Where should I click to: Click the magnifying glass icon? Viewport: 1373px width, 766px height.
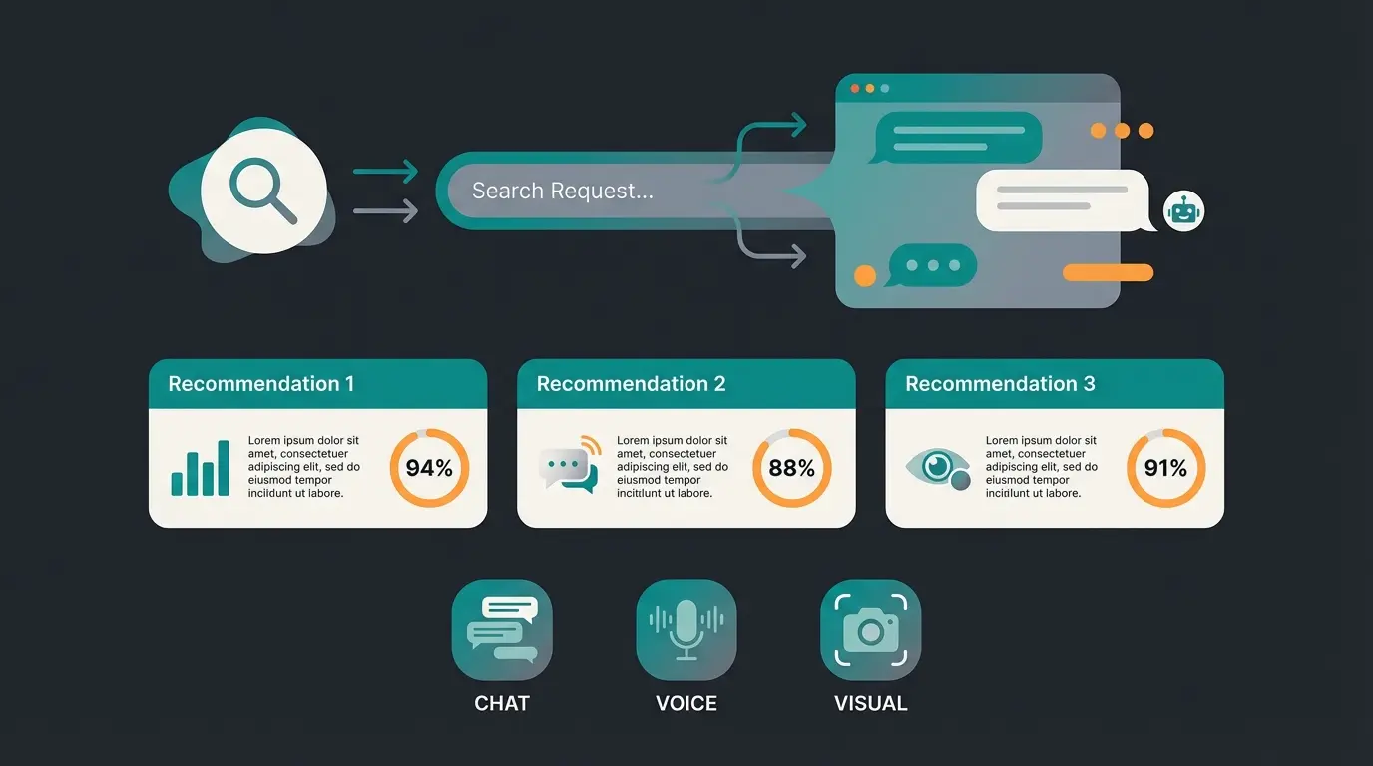(x=263, y=191)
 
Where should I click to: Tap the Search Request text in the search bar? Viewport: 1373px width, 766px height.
(x=562, y=191)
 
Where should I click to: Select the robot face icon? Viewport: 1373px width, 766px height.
(x=1184, y=211)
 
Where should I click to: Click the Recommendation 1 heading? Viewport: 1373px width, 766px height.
(x=260, y=384)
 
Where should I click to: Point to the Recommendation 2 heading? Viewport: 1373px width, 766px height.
(x=631, y=384)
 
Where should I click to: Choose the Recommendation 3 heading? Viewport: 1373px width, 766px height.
(x=1000, y=384)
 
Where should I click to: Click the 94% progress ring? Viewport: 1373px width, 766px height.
(x=429, y=468)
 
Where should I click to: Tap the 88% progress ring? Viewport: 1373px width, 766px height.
(x=792, y=468)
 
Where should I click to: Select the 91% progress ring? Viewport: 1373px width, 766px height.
(x=1165, y=468)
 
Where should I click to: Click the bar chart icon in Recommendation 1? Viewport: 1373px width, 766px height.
(x=201, y=469)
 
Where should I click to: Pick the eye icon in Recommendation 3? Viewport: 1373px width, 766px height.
(x=937, y=467)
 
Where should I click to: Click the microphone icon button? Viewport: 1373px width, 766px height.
(x=686, y=630)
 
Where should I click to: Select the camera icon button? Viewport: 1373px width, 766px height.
(x=870, y=630)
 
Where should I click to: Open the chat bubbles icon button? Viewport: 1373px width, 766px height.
(x=502, y=630)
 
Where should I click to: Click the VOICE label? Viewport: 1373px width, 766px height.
(x=686, y=703)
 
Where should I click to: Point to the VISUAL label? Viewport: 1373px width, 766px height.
(x=870, y=703)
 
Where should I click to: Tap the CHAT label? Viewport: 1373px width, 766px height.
(x=502, y=703)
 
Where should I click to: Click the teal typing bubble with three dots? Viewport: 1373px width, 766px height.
(x=932, y=266)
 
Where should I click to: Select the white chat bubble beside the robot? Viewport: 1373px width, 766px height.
(x=1064, y=199)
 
